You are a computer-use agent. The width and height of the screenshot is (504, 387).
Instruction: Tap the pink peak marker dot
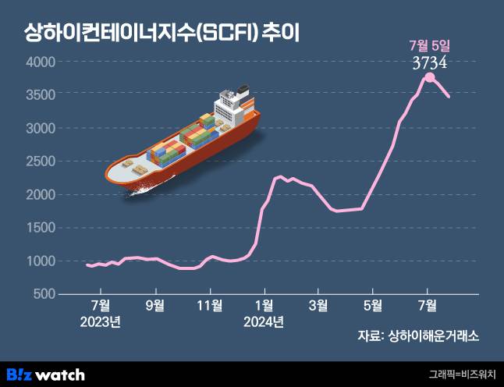point(429,77)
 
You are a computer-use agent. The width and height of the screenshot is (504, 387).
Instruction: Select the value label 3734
point(429,62)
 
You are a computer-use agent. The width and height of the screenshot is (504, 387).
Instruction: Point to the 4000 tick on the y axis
point(40,62)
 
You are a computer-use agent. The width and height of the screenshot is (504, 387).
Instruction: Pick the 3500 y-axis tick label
point(40,94)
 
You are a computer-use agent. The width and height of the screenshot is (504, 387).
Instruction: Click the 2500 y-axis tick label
point(40,161)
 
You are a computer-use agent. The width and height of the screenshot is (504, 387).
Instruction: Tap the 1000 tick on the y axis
point(40,261)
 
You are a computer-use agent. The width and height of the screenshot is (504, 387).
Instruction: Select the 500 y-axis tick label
point(43,293)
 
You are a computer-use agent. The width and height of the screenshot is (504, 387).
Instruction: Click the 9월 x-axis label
point(155,304)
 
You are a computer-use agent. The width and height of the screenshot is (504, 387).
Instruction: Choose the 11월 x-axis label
point(210,304)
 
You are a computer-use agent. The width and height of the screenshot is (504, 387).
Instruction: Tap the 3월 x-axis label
point(318,304)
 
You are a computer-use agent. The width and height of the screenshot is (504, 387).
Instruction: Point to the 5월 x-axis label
point(373,304)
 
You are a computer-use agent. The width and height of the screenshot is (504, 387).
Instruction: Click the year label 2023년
point(101,321)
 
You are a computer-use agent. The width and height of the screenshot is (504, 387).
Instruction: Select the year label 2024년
point(264,321)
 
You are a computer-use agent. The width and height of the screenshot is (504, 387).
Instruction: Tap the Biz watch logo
point(45,374)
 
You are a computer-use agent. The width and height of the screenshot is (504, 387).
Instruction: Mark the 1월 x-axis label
point(264,304)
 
